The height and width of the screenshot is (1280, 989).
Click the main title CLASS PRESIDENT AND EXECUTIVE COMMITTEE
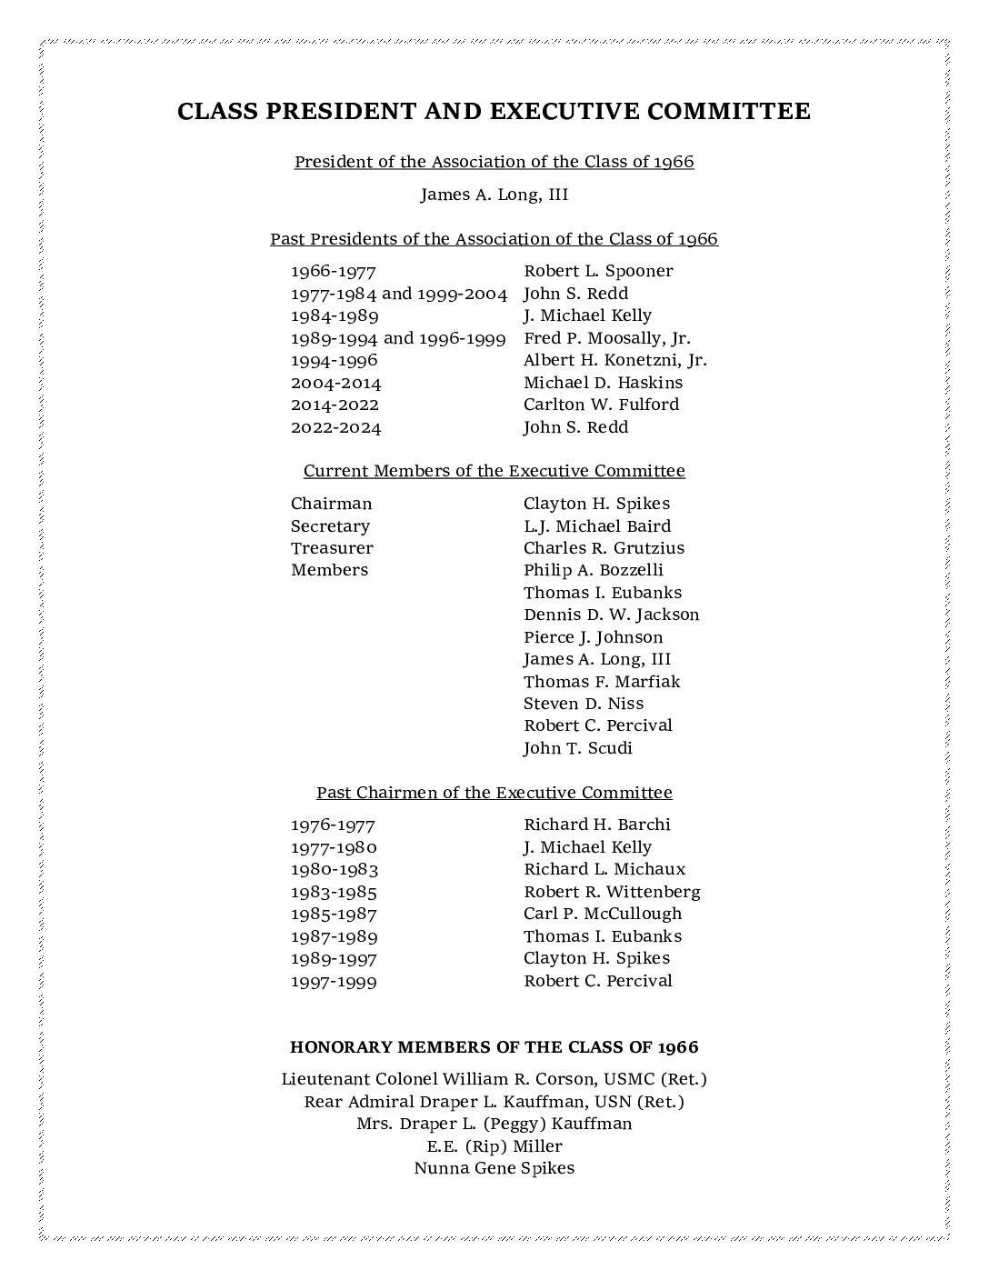(494, 112)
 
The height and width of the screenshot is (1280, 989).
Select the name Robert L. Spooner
(598, 271)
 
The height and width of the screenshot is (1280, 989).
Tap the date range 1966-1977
(333, 271)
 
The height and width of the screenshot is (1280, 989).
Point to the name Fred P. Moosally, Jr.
(607, 338)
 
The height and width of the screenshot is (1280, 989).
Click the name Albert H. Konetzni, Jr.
(614, 360)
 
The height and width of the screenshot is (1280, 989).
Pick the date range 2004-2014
(335, 383)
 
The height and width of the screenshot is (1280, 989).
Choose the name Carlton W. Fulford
(601, 405)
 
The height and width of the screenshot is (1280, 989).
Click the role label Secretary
(330, 526)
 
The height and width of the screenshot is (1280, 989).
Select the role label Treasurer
(332, 548)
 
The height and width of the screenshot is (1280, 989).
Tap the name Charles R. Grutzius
(604, 548)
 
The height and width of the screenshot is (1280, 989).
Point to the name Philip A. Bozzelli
(593, 570)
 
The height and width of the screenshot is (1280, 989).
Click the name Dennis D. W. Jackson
(611, 615)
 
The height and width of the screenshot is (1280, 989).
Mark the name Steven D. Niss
(583, 704)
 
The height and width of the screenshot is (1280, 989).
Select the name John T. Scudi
(577, 748)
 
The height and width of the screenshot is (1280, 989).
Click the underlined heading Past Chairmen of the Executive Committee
(494, 793)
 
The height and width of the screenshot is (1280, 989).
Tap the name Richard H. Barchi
(596, 825)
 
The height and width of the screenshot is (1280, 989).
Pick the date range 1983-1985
(334, 892)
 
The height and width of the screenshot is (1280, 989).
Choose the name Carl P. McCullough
(602, 914)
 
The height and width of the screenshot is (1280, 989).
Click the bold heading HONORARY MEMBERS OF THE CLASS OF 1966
(494, 1047)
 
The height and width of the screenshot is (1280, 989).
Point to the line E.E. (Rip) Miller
(494, 1146)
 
